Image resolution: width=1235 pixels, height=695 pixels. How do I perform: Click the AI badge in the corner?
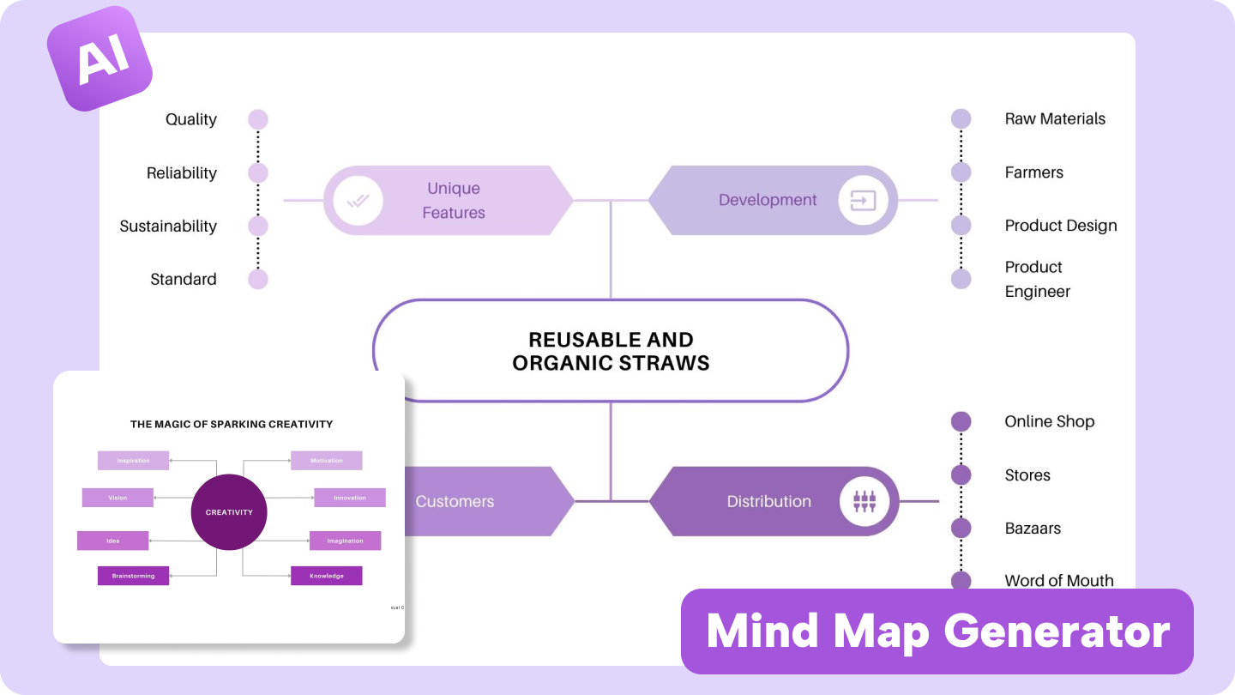pos(99,59)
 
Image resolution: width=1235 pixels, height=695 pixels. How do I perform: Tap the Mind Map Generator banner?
pos(937,632)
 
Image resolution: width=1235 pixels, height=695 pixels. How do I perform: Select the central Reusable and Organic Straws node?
pos(611,351)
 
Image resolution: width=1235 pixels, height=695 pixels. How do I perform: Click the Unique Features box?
pos(448,201)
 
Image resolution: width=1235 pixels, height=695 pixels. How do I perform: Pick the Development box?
pos(772,201)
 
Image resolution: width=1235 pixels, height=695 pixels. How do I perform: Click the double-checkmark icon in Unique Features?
pos(358,201)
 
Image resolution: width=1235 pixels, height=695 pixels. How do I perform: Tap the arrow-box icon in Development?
pos(863,201)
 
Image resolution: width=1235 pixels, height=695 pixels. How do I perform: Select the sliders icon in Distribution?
pos(864,501)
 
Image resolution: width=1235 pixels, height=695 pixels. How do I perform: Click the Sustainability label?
pos(168,227)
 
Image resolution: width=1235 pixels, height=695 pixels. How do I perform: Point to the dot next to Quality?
pos(257,119)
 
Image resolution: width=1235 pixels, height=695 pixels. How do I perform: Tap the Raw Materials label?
pos(1055,119)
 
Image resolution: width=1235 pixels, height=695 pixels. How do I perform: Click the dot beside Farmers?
pos(961,172)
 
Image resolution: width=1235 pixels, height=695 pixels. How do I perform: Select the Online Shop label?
pos(1049,421)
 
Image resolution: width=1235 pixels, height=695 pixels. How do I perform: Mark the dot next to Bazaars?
pos(961,528)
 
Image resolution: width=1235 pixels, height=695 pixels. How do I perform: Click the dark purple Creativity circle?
pos(229,512)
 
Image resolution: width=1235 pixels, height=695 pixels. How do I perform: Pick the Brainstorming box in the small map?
pos(133,576)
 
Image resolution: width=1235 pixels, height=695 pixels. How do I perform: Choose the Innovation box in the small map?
pos(349,498)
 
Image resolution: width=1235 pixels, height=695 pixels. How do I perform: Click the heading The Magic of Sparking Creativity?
pos(232,424)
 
